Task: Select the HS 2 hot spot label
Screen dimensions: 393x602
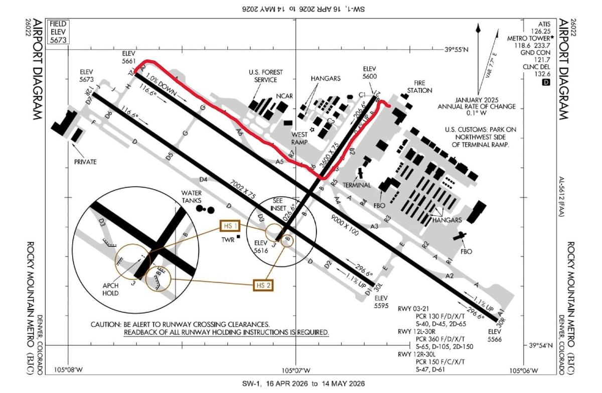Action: click(x=264, y=285)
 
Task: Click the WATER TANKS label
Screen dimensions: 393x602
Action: click(x=192, y=197)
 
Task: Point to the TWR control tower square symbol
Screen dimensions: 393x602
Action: click(x=239, y=236)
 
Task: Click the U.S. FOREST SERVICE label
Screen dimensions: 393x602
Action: click(x=265, y=76)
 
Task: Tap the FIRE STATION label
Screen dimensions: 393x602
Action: click(x=419, y=87)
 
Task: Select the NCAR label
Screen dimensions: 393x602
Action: click(x=284, y=96)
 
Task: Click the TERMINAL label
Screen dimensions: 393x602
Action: click(x=357, y=185)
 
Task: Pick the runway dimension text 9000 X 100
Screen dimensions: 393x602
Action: click(x=345, y=226)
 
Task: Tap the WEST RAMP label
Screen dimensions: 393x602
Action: click(x=299, y=139)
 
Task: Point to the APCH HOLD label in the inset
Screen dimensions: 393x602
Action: click(x=110, y=289)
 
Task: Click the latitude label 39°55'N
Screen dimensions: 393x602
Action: click(x=456, y=50)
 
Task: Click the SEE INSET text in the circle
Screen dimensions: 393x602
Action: click(x=278, y=204)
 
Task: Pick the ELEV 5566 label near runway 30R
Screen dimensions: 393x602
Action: click(x=494, y=335)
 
